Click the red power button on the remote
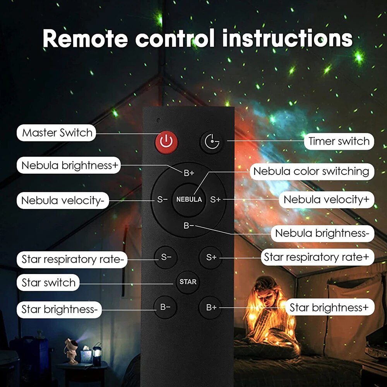coord(166,142)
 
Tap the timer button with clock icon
coord(211,142)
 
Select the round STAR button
coord(188,282)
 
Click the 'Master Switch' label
coord(57,133)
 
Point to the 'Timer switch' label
coord(339,141)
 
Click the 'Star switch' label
coord(48,283)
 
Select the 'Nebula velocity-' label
coord(63,200)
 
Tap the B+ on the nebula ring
coord(188,173)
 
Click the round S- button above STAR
coord(166,257)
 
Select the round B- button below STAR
coord(166,308)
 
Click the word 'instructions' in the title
coord(287,38)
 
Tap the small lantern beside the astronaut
coord(97,354)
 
